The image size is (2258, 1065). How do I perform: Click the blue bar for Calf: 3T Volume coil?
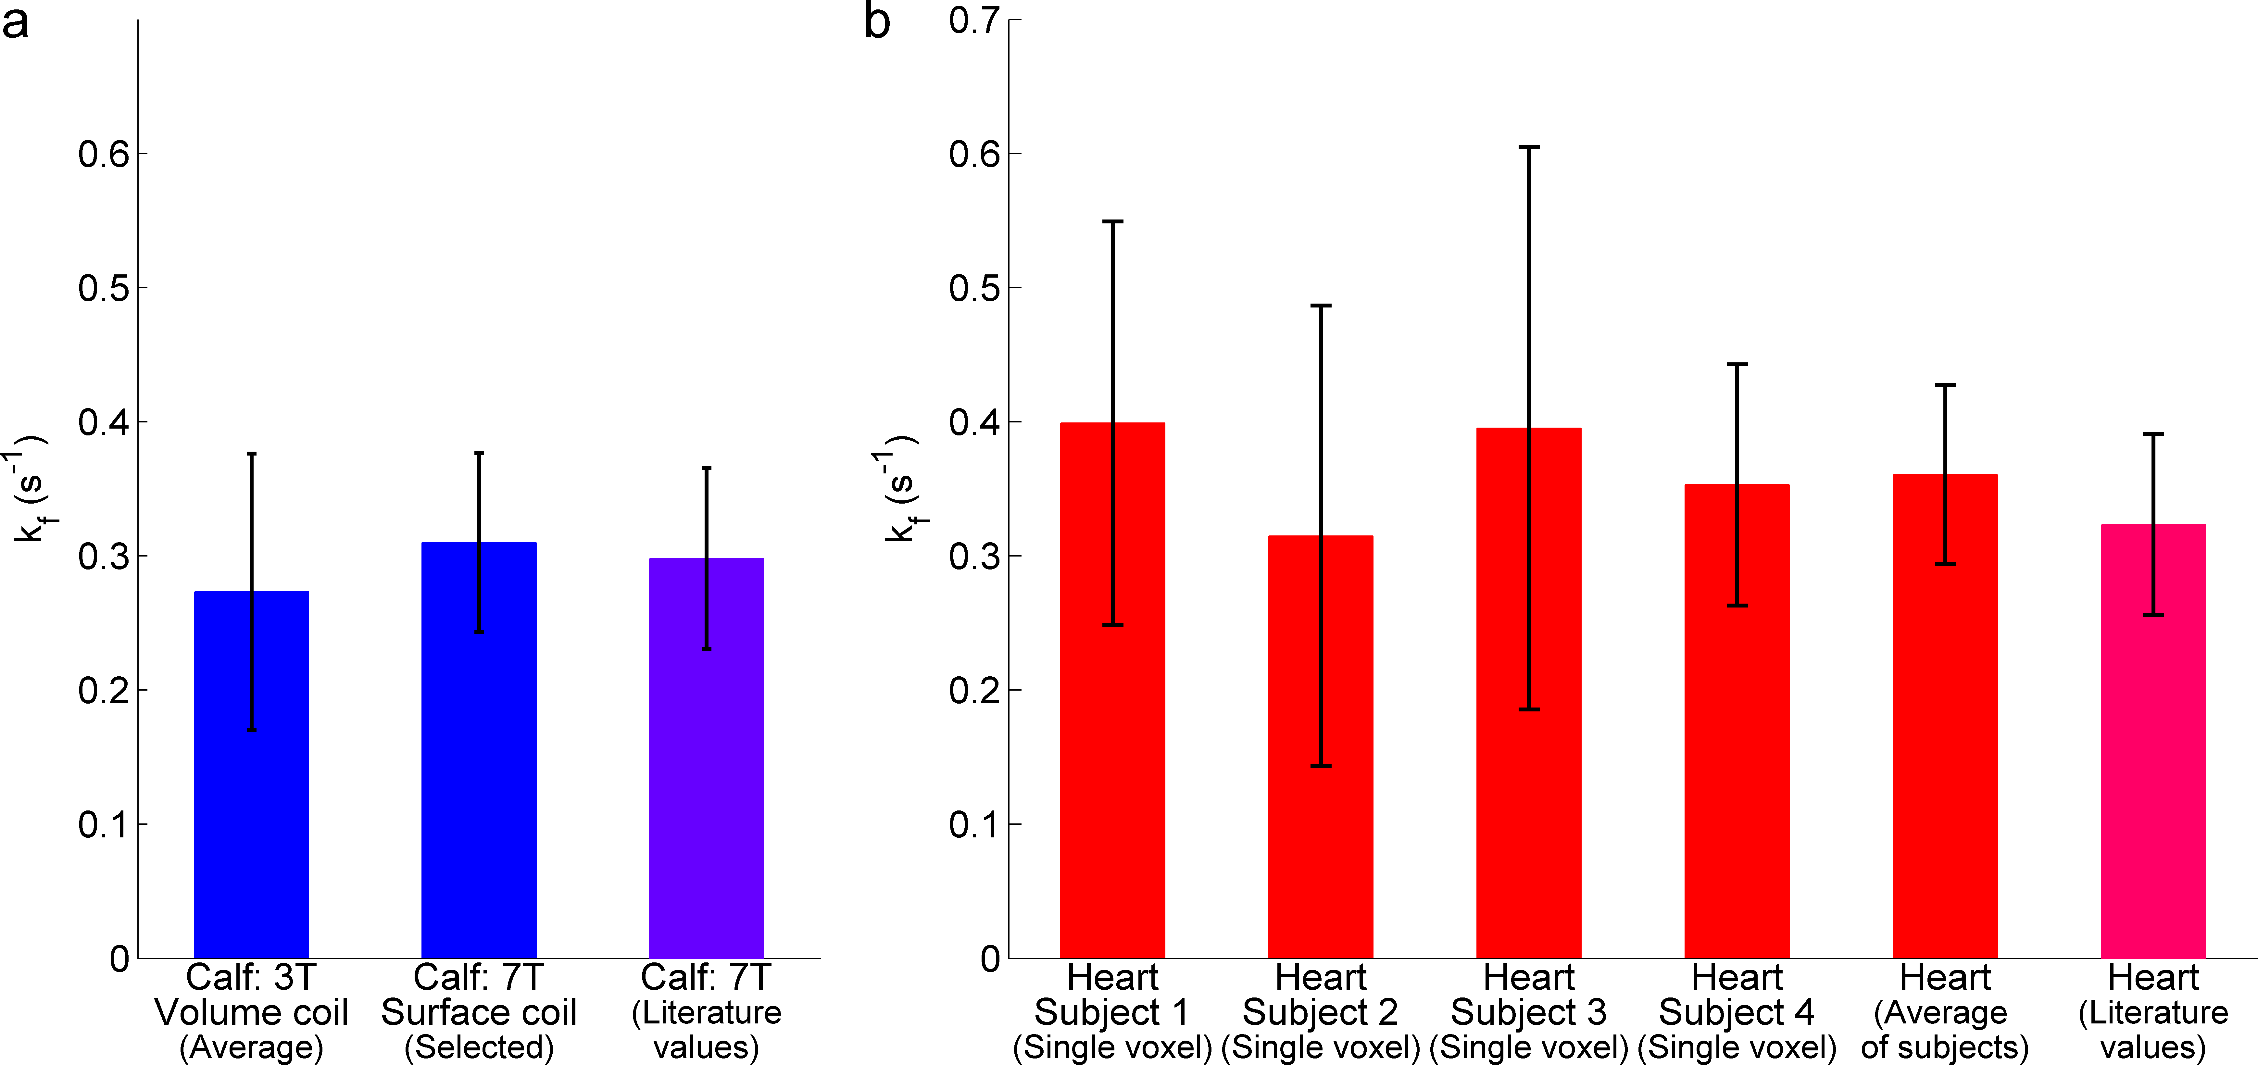coord(252,789)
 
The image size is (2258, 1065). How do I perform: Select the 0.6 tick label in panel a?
coord(104,154)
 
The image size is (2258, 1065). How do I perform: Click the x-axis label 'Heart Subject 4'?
coord(1737,1012)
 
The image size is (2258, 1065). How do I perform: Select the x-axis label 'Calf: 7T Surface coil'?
coord(479,1012)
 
